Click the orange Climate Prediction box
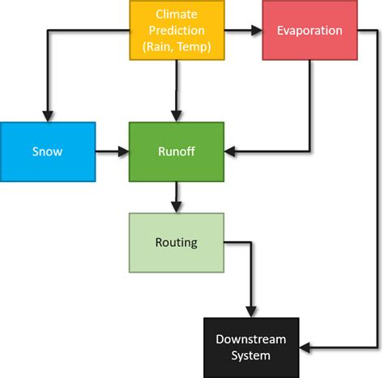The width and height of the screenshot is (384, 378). click(x=177, y=30)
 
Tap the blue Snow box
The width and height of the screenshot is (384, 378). click(x=47, y=151)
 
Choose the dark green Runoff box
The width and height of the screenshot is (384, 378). click(x=177, y=151)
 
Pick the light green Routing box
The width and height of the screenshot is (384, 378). click(x=177, y=242)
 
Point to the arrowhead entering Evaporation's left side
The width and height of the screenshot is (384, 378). click(x=257, y=31)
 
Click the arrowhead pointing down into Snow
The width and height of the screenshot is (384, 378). click(x=47, y=116)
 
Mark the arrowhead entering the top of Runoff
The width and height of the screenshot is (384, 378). click(x=177, y=116)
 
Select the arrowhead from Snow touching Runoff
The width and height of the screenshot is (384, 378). click(x=124, y=151)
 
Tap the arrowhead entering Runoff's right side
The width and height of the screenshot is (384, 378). click(x=230, y=151)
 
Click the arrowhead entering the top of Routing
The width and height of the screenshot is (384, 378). click(x=177, y=207)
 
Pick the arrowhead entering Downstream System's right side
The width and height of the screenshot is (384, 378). click(x=305, y=347)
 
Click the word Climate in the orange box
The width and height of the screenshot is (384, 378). click(x=176, y=15)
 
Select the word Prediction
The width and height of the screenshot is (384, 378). click(x=176, y=31)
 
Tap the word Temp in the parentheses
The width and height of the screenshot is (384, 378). click(x=194, y=47)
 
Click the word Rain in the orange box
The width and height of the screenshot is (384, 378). click(x=159, y=47)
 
